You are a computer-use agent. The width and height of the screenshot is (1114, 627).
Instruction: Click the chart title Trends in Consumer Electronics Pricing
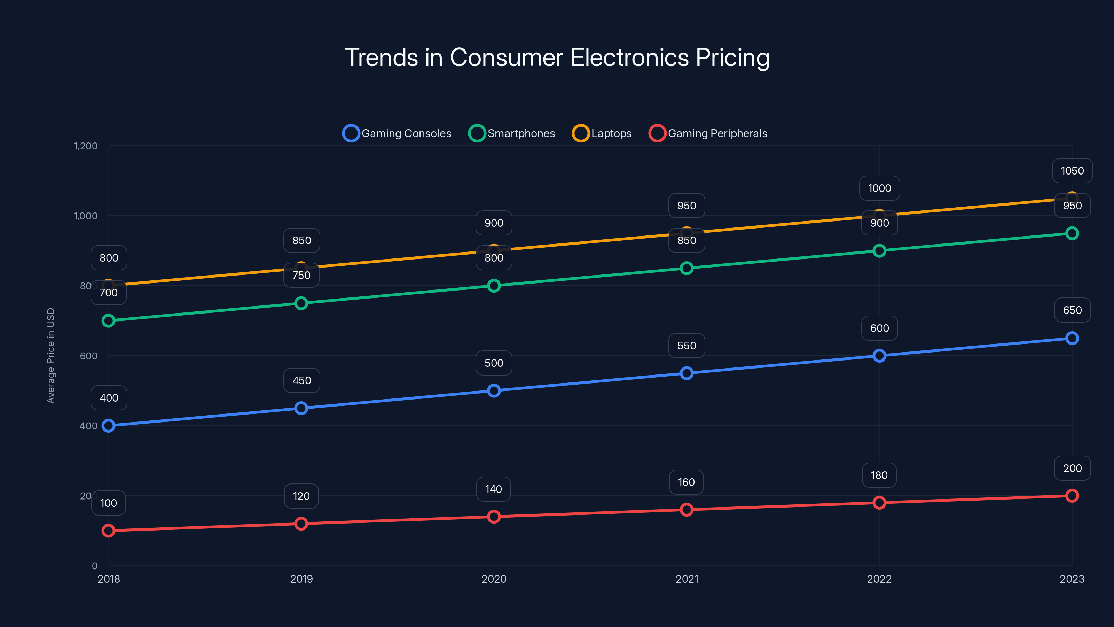click(x=557, y=57)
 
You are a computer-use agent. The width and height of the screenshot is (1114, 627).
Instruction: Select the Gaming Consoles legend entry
click(x=397, y=133)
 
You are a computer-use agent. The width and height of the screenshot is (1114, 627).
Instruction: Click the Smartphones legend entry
click(x=512, y=133)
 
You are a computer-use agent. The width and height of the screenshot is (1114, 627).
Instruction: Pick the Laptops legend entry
click(x=602, y=133)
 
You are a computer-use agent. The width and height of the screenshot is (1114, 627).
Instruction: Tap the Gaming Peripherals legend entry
click(x=708, y=133)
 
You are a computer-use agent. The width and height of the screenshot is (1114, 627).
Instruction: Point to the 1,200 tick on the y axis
click(x=86, y=146)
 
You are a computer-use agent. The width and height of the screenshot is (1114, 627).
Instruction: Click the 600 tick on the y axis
click(x=89, y=356)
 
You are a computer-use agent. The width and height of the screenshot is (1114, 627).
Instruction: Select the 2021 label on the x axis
click(x=687, y=579)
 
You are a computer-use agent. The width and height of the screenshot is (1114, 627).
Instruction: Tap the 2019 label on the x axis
click(x=301, y=579)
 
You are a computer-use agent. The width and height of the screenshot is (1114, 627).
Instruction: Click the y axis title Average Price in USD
click(x=51, y=356)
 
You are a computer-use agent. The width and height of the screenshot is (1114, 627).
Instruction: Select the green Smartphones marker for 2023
click(x=1072, y=233)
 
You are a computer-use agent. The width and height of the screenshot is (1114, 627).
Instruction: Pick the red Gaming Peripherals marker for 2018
click(x=109, y=531)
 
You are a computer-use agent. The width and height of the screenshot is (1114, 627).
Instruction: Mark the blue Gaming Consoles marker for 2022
click(x=879, y=356)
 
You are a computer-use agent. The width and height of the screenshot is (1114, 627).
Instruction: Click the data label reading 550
click(x=687, y=346)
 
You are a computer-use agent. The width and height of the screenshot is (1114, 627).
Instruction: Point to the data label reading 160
click(x=686, y=482)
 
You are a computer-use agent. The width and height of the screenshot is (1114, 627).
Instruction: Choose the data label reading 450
click(x=301, y=380)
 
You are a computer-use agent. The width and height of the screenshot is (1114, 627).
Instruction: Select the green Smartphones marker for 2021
click(x=687, y=268)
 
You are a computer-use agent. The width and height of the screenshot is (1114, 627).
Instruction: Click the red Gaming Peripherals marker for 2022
click(x=879, y=502)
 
